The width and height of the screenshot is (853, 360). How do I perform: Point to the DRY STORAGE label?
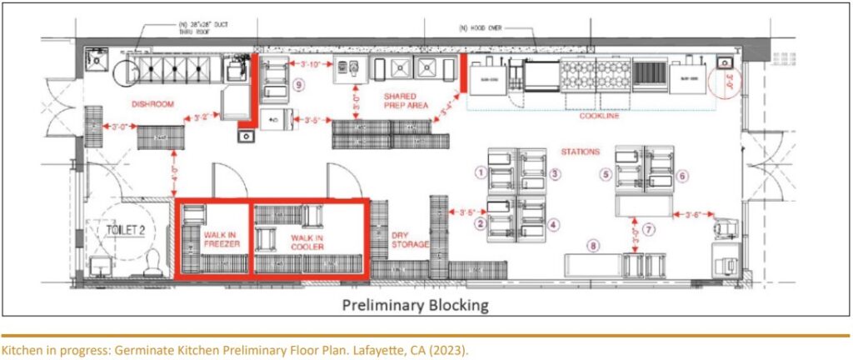(410, 240)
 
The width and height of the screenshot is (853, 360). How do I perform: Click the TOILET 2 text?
(122, 230)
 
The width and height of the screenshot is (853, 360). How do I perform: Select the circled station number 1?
(480, 172)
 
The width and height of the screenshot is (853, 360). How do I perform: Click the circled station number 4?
(555, 224)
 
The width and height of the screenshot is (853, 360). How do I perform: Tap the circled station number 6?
(682, 176)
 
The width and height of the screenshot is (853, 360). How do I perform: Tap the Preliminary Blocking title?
(414, 305)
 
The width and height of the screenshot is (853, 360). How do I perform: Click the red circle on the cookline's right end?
(721, 81)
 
